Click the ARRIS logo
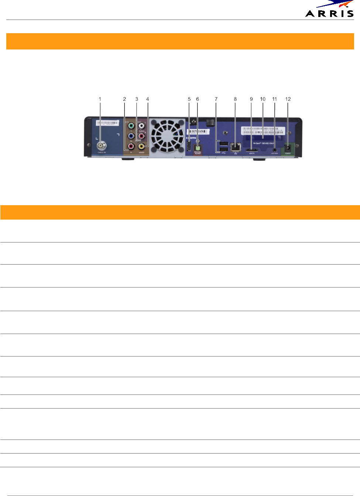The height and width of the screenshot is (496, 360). pyautogui.click(x=329, y=10)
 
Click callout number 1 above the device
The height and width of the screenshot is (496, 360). pyautogui.click(x=100, y=99)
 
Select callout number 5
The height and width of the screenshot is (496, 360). pyautogui.click(x=189, y=99)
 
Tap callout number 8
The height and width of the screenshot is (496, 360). pyautogui.click(x=235, y=99)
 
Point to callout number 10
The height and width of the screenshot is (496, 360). pyautogui.click(x=263, y=99)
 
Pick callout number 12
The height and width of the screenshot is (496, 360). pyautogui.click(x=288, y=99)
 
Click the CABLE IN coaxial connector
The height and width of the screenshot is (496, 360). pyautogui.click(x=100, y=146)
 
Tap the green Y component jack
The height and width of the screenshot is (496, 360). pyautogui.click(x=131, y=126)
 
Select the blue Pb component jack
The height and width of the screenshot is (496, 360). pyautogui.click(x=131, y=136)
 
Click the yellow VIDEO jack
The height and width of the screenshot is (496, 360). pyautogui.click(x=141, y=147)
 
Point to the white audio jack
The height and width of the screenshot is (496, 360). pyautogui.click(x=141, y=126)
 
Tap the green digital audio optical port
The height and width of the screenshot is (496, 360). pyautogui.click(x=198, y=147)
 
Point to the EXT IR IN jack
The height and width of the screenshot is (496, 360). pyautogui.click(x=274, y=150)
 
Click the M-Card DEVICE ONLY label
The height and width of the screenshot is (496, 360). pyautogui.click(x=263, y=143)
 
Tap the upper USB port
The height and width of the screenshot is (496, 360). pyautogui.click(x=223, y=143)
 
